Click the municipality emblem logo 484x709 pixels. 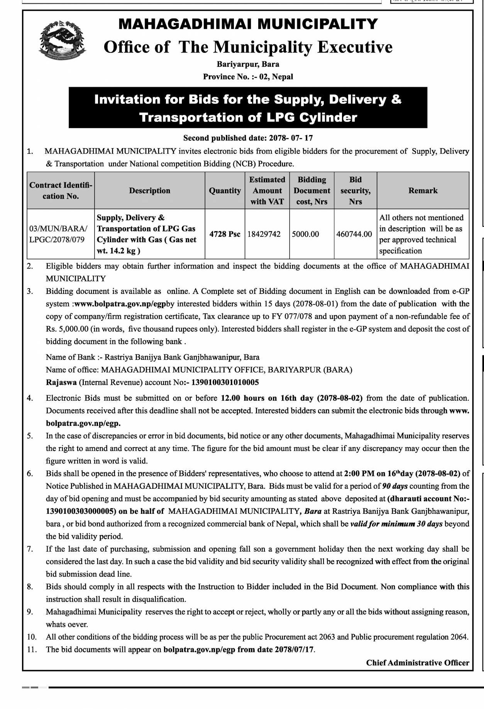tap(62, 40)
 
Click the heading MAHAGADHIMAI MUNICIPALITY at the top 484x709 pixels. tap(248, 24)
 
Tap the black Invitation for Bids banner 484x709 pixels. tap(248, 108)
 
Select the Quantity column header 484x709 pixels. tap(225, 191)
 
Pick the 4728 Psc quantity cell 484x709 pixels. tap(225, 234)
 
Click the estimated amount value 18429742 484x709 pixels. tap(264, 234)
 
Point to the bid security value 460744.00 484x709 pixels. tap(354, 234)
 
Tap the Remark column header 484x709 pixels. tap(423, 191)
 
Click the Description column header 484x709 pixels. tap(149, 191)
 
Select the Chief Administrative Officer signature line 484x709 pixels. tap(418, 663)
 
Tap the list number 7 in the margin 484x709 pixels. tap(30, 549)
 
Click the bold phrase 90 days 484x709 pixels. tap(395, 486)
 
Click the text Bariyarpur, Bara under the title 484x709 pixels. tap(248, 64)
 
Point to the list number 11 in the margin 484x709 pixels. tap(32, 649)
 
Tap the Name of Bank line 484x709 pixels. tap(152, 357)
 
